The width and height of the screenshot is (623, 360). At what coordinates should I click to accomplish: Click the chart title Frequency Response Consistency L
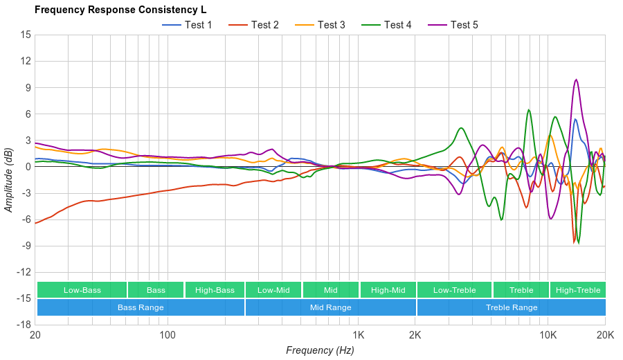pyautogui.click(x=120, y=10)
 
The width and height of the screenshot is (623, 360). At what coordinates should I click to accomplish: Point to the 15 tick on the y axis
pyautogui.click(x=26, y=35)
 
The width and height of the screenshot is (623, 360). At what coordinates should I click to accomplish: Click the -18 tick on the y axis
pyautogui.click(x=24, y=324)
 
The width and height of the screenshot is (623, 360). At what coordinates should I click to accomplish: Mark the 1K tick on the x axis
pyautogui.click(x=358, y=334)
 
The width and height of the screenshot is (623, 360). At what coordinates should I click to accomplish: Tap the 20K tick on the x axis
pyautogui.click(x=605, y=334)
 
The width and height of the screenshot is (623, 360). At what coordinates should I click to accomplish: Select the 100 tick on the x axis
pyautogui.click(x=168, y=334)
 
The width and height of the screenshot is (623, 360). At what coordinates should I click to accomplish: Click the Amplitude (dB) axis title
pyautogui.click(x=8, y=179)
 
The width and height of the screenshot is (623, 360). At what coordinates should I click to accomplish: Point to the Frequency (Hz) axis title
pyautogui.click(x=320, y=350)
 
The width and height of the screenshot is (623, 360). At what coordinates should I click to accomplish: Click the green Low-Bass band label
pyautogui.click(x=82, y=290)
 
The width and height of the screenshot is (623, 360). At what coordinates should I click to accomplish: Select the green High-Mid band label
pyautogui.click(x=388, y=290)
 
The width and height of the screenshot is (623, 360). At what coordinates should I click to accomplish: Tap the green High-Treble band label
pyautogui.click(x=578, y=290)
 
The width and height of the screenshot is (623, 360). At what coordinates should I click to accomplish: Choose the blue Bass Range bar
pyautogui.click(x=141, y=307)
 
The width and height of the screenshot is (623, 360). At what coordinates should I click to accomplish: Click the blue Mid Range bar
pyautogui.click(x=330, y=307)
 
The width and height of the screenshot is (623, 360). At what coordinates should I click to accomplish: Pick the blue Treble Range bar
pyautogui.click(x=512, y=307)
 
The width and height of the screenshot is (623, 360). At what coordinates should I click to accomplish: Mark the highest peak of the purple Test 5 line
pyautogui.click(x=576, y=80)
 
